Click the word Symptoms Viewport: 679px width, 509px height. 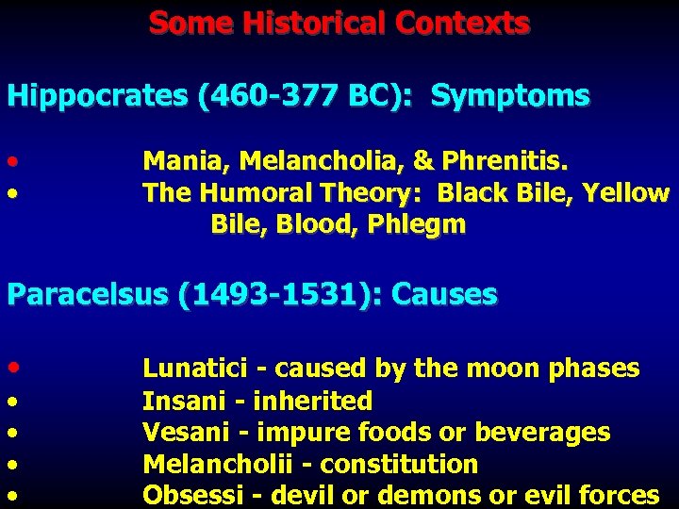tap(510, 96)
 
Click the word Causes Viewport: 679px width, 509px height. tap(444, 295)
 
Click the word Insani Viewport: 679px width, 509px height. tap(177, 401)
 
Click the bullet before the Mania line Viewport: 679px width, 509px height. tap(11, 161)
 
